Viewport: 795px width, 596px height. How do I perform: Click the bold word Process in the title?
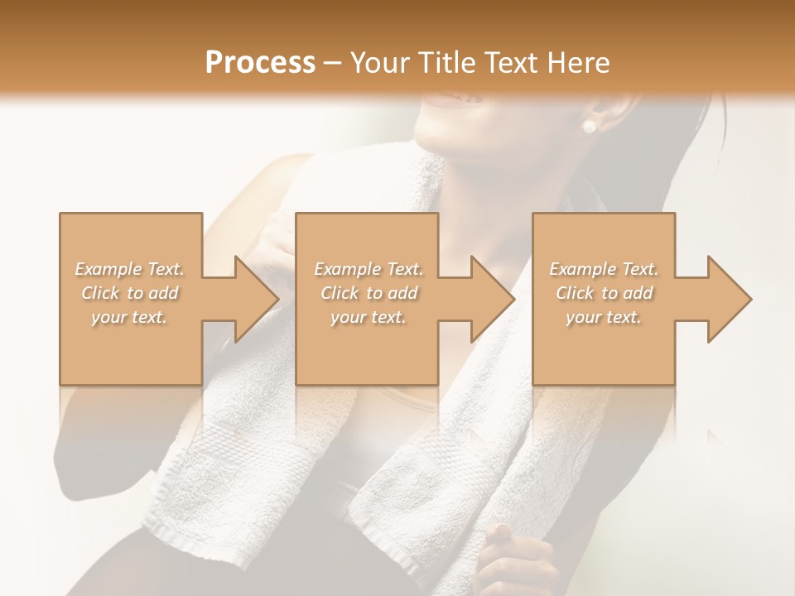(260, 62)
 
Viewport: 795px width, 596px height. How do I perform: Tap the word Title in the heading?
(443, 62)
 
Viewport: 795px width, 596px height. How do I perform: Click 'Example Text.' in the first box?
(130, 269)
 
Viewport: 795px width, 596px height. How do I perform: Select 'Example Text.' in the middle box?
(369, 269)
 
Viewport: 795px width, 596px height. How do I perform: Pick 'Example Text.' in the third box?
(604, 269)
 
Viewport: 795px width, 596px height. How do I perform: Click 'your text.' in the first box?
(130, 317)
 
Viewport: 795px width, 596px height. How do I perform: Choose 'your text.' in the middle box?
(369, 317)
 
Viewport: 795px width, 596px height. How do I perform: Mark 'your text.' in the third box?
(604, 317)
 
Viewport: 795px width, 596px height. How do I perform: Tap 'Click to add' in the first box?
(130, 293)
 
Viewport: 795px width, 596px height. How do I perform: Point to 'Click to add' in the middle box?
(369, 293)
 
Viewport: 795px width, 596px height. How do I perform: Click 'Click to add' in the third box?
(604, 293)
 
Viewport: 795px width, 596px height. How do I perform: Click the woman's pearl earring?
(590, 127)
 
